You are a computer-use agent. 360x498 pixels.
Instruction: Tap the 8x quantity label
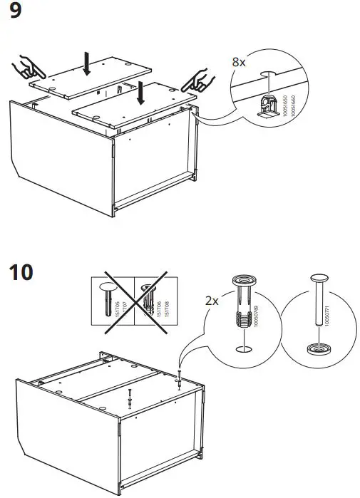tap(240, 62)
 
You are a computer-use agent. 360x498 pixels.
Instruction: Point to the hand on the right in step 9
tap(204, 80)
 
